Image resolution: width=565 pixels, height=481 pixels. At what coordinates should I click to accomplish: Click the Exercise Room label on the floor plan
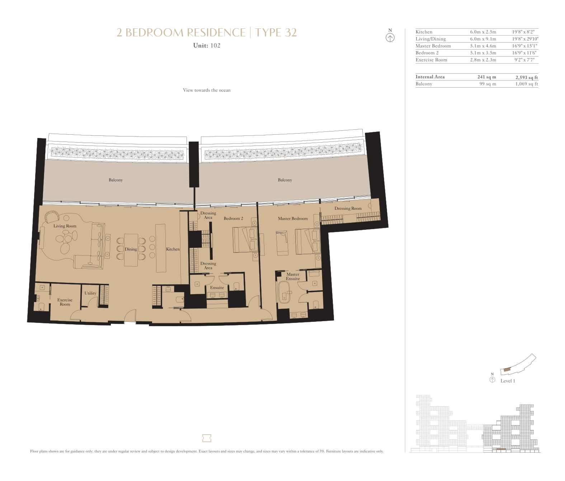pos(65,302)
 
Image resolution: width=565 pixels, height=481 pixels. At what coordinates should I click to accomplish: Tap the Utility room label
pos(90,293)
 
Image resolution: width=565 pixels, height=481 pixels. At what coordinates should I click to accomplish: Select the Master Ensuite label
pos(293,277)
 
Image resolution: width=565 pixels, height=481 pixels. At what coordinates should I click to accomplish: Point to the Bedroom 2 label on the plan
pos(233,218)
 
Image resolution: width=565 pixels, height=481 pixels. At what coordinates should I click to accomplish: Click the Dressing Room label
pos(348,209)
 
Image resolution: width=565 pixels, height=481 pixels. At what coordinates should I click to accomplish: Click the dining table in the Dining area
pos(131,250)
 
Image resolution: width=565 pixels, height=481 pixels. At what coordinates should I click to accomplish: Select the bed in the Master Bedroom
pos(307,241)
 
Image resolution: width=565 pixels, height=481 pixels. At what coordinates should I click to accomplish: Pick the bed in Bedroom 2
pos(245,240)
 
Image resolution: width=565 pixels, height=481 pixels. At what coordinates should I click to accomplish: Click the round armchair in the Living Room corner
pos(52,217)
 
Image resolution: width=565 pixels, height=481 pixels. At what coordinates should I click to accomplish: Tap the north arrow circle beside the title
pos(390,38)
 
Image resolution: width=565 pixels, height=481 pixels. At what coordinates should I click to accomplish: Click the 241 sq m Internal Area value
pos(486,77)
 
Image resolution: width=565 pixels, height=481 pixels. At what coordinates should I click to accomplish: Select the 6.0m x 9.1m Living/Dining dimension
pos(483,39)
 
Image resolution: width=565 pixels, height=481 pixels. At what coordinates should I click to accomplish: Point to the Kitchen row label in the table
pos(424,32)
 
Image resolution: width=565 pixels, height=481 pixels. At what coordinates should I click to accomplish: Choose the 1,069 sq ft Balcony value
pos(527,84)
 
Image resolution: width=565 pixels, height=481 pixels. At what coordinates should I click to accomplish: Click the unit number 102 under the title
pos(215,46)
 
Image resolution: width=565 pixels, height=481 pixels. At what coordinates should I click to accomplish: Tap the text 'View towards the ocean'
pos(207,90)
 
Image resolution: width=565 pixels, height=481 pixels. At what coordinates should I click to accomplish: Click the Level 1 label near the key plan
pos(508,381)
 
